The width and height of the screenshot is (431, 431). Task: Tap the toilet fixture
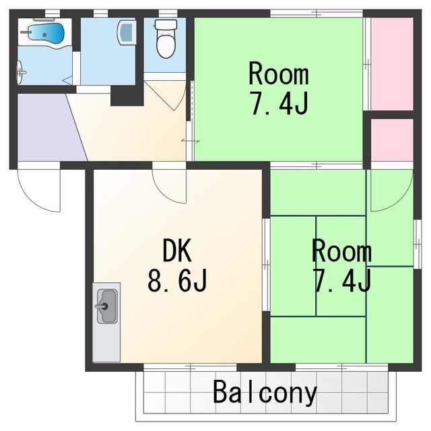166,39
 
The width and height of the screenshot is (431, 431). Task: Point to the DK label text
177,251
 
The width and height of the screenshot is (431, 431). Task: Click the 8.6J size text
177,280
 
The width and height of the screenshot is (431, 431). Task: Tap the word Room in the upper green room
278,73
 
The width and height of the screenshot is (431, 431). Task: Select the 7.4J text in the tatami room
342,280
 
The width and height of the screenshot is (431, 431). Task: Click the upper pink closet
392,64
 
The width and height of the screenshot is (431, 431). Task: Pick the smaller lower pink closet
392,140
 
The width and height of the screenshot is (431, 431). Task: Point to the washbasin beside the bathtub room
127,32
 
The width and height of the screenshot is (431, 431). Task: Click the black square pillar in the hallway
127,96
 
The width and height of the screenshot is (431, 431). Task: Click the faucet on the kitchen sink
102,306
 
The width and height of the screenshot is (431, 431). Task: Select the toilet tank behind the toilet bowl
166,24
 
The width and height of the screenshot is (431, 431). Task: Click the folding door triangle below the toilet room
166,96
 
